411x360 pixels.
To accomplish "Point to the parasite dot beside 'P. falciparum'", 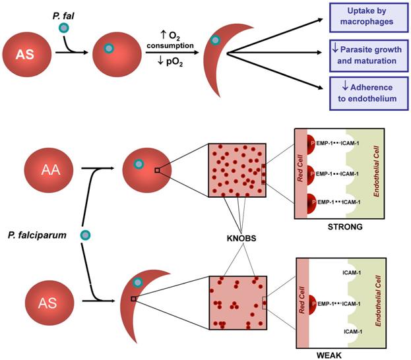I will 84,235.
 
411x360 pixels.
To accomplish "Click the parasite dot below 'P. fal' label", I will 63,28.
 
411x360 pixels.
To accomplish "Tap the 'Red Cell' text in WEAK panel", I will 304,303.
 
